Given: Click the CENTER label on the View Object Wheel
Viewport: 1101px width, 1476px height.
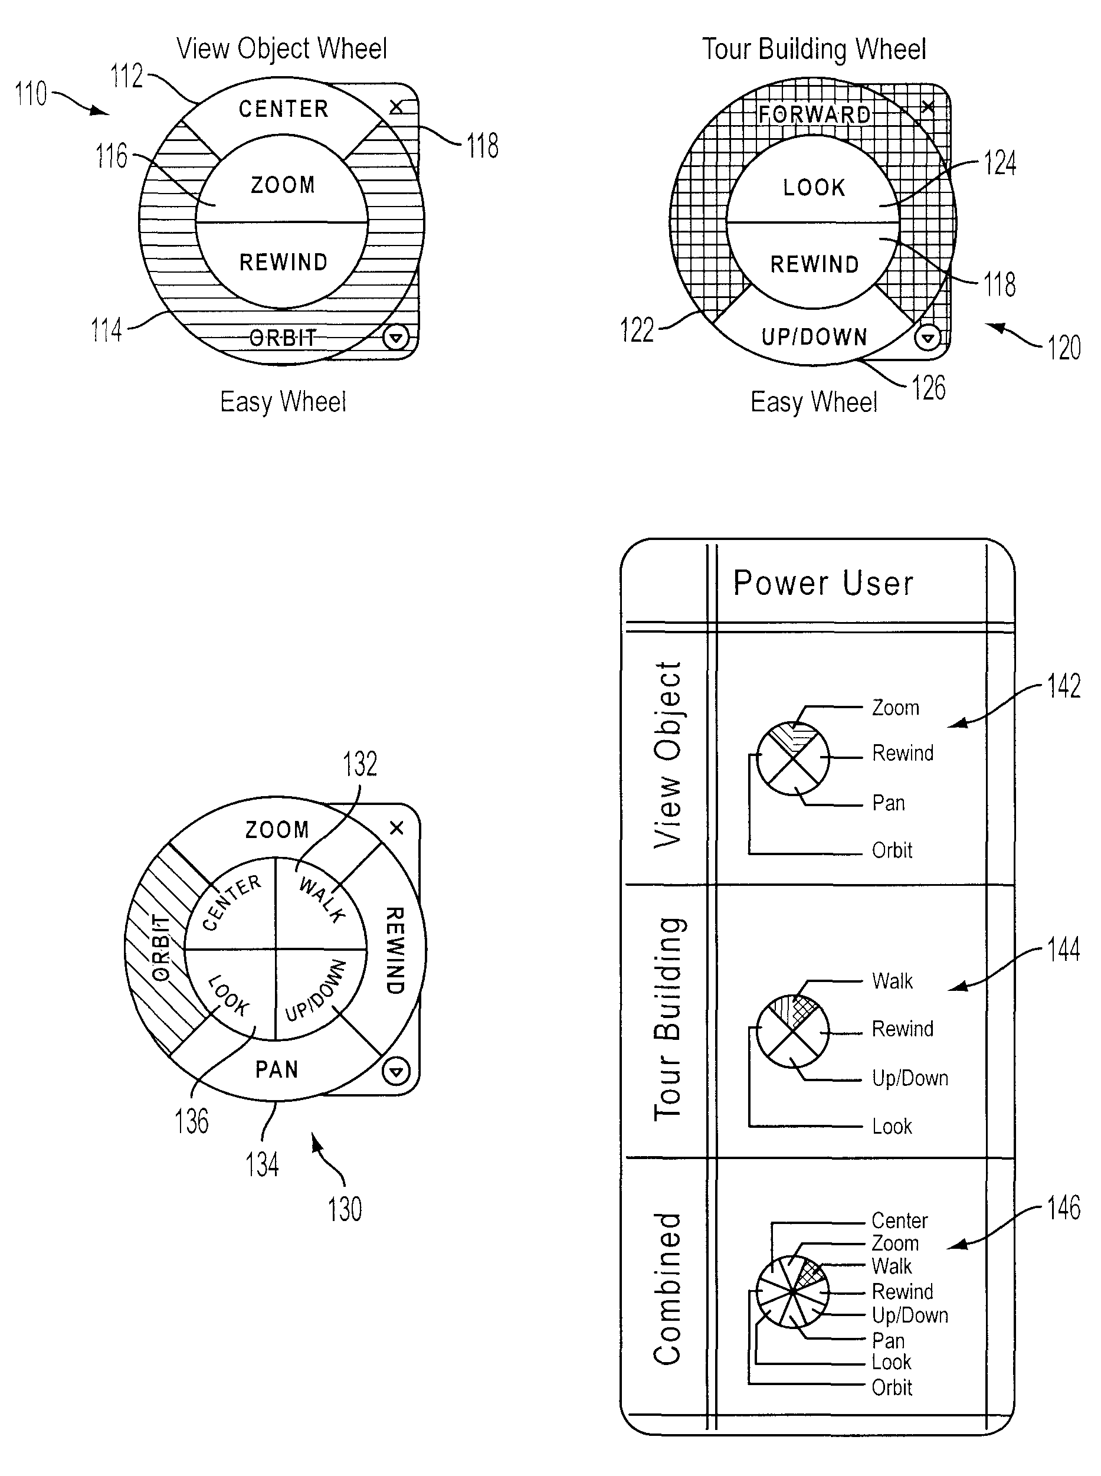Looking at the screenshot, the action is pos(283,109).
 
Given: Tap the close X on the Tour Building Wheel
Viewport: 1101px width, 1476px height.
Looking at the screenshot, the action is pos(928,107).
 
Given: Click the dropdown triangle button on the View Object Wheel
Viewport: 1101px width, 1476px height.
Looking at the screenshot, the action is pos(396,338).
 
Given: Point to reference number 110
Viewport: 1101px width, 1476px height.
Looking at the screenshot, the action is pos(31,93).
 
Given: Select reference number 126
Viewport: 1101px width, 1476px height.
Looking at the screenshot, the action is pos(928,388).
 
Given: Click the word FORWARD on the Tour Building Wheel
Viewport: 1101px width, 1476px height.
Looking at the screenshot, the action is pos(814,114).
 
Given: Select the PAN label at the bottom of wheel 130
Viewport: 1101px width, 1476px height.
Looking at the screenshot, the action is pos(277,1069).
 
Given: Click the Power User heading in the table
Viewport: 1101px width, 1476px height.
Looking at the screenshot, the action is pos(823,582).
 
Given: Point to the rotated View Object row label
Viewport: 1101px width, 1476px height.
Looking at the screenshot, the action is pos(668,755).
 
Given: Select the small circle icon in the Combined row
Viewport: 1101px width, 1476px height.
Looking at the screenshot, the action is pos(793,1291).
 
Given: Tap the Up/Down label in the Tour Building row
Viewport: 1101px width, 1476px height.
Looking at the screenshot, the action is pos(910,1078).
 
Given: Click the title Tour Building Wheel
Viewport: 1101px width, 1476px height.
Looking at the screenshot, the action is pos(814,50).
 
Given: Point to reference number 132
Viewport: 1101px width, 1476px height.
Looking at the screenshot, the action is pos(360,764).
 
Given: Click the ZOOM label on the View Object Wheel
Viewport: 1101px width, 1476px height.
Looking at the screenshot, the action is pos(283,185).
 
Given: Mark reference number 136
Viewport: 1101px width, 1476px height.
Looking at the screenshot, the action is pos(192,1121).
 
